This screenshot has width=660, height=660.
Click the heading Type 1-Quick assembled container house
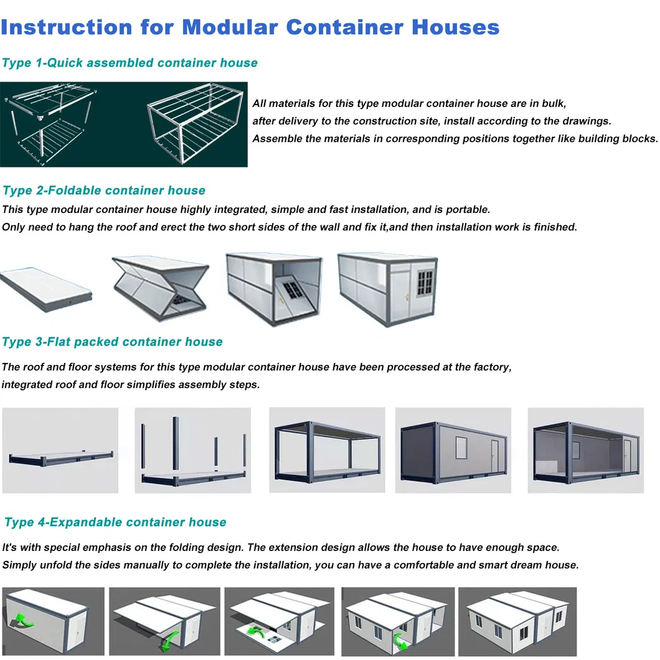tap(130, 63)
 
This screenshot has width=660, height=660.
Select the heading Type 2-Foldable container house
tap(103, 191)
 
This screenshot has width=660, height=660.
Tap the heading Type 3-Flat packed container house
tap(112, 342)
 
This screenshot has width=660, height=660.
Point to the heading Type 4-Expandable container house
tap(115, 522)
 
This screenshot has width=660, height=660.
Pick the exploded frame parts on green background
tap(47, 125)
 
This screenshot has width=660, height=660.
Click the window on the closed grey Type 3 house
tap(462, 446)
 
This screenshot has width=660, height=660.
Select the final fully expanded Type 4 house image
tap(517, 621)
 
